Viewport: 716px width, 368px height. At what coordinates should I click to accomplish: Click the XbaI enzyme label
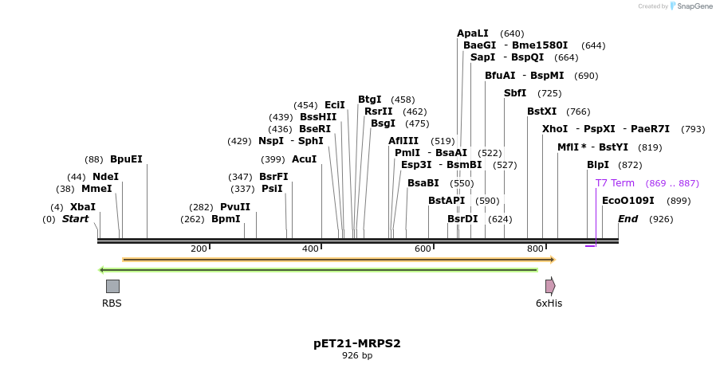pos(82,207)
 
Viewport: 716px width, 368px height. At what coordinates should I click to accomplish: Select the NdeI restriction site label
pos(105,177)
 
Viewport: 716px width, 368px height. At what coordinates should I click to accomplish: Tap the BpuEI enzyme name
pos(126,159)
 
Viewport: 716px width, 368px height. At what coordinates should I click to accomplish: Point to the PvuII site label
pos(235,207)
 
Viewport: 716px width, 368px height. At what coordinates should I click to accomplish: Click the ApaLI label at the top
pos(472,33)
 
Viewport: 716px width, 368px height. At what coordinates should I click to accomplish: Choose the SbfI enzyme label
pos(514,94)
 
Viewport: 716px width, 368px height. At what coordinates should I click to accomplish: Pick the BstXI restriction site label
pos(541,112)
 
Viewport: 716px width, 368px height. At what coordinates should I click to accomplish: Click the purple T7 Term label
pos(615,183)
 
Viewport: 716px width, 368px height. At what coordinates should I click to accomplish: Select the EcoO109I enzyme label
pos(627,201)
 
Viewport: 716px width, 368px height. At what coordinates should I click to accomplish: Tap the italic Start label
pos(75,219)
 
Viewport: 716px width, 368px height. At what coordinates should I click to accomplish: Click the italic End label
pos(627,219)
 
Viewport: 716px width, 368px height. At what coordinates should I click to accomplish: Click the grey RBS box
pos(112,286)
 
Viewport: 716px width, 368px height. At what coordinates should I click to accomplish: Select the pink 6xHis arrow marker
pos(549,286)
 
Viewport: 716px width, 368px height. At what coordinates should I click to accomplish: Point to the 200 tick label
pos(199,249)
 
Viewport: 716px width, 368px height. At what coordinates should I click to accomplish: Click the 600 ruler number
pos(423,249)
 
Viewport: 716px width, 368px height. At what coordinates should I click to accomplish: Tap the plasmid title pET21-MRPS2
pos(356,344)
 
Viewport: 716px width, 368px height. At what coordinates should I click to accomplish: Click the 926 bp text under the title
pos(356,356)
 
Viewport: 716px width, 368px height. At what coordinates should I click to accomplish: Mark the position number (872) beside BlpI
pos(630,166)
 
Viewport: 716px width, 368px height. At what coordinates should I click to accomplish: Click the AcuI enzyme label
pos(304,159)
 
